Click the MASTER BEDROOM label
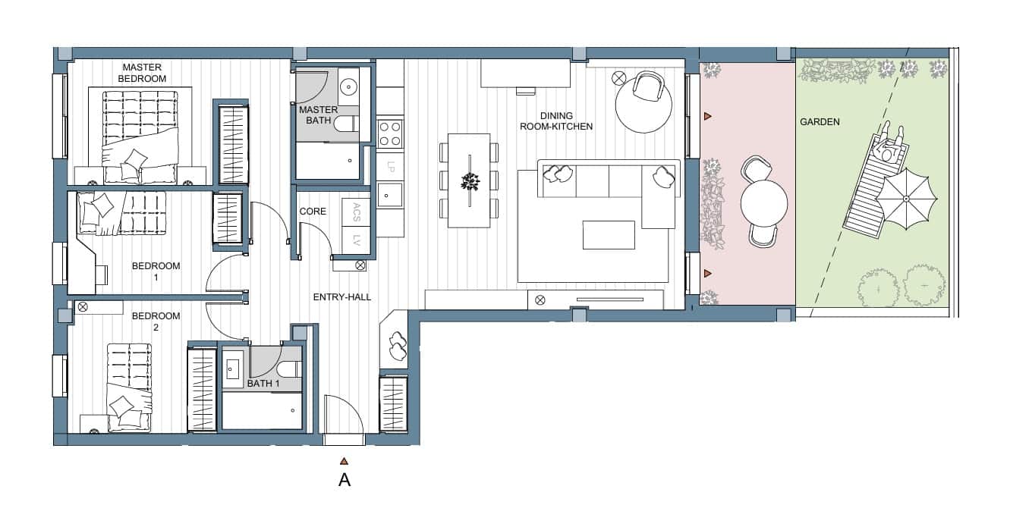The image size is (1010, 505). (143, 73)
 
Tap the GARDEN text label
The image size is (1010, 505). (820, 121)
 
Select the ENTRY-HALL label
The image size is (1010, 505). (342, 297)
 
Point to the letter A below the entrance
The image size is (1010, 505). (344, 480)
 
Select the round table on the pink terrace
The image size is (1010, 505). (764, 202)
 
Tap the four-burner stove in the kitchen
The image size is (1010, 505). (390, 134)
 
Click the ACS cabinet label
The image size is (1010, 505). (357, 213)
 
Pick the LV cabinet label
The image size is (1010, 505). (357, 242)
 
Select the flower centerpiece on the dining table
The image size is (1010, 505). (470, 180)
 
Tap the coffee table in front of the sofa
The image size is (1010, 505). (609, 234)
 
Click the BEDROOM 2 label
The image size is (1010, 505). (156, 322)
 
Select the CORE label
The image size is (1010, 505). (313, 211)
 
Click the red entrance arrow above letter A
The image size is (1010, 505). (344, 461)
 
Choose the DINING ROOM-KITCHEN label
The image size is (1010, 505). (557, 121)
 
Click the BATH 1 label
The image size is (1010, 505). (263, 384)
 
